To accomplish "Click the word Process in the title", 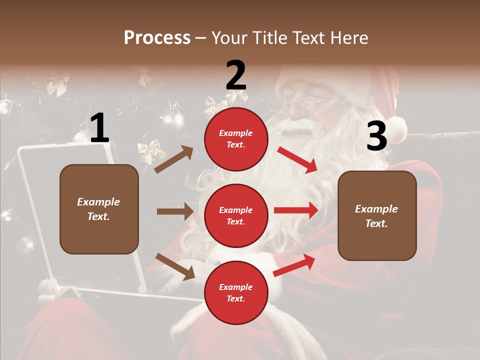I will (x=157, y=38).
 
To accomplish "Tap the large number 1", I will (x=99, y=128).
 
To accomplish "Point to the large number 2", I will (x=236, y=75).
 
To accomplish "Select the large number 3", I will (x=376, y=136).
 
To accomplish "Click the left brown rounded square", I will (x=99, y=209).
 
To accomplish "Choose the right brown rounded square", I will (x=377, y=216).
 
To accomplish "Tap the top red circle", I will (x=236, y=139).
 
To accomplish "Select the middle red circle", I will (x=236, y=215).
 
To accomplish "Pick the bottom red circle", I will (x=236, y=292).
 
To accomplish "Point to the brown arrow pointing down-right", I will (x=175, y=266).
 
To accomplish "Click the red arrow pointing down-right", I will (x=297, y=159).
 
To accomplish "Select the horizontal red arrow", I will (x=296, y=210).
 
